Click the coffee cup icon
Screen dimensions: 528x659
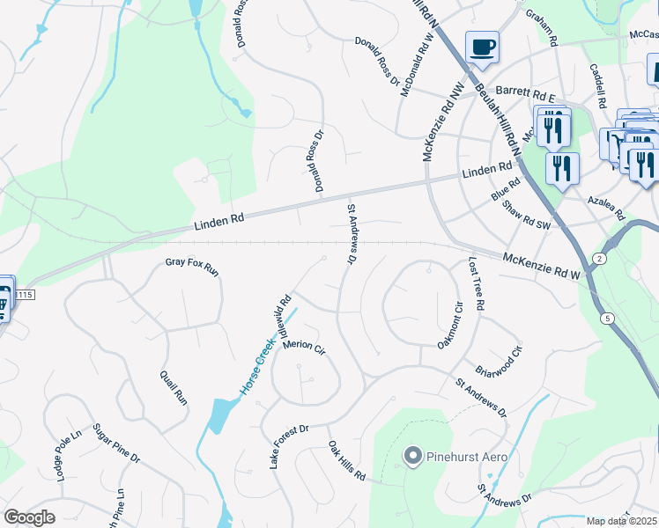[x=482, y=47]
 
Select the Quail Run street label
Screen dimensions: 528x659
[x=174, y=386]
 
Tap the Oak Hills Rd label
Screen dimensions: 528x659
[x=346, y=461]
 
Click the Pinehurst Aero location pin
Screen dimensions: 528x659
[x=411, y=455]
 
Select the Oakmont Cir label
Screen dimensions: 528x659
[x=449, y=326]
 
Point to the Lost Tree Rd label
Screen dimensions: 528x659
[x=477, y=284]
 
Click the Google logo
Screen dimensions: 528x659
[x=29, y=517]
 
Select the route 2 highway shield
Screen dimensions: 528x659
[x=599, y=257]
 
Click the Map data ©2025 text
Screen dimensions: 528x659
[x=622, y=521]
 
